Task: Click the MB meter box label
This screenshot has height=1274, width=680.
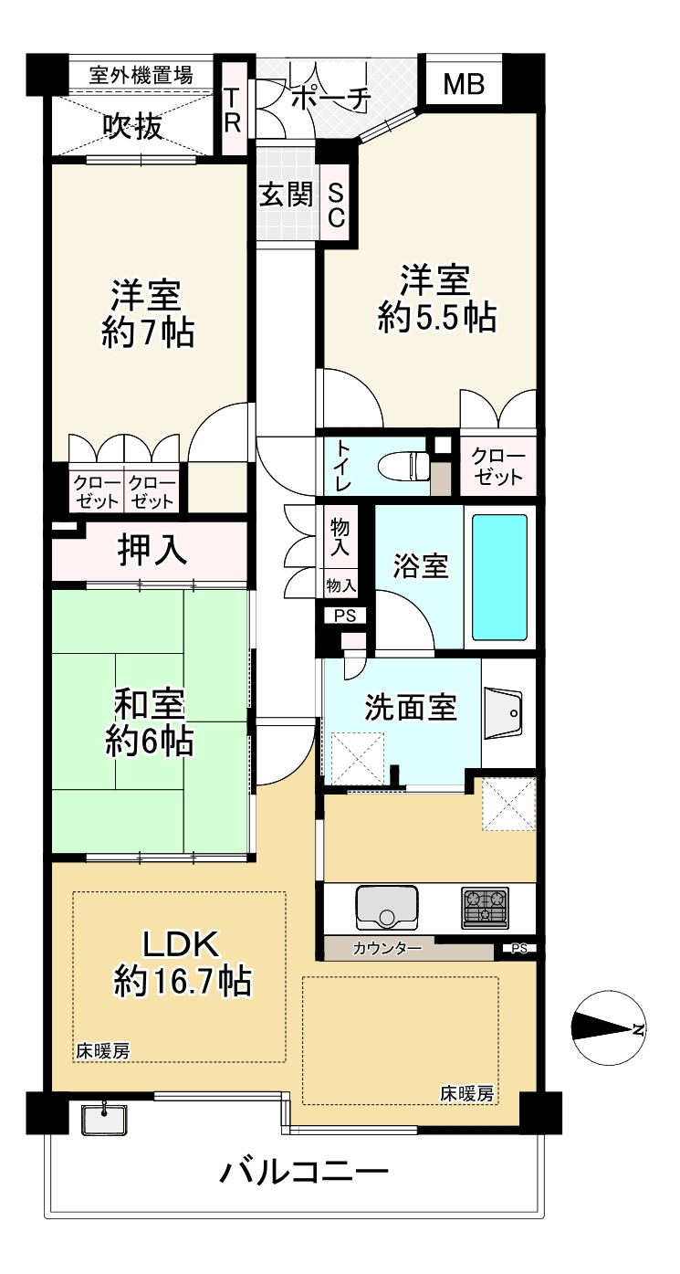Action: click(464, 84)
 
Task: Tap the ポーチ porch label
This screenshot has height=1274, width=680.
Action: click(331, 99)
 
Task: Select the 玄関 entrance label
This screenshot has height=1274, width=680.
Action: click(288, 195)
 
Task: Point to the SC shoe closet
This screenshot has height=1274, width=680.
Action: click(337, 205)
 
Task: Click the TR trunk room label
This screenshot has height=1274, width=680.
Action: click(233, 111)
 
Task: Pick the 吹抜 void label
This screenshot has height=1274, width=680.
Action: click(133, 126)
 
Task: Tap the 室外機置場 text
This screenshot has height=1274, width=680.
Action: click(141, 75)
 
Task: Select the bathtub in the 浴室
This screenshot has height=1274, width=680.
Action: click(499, 577)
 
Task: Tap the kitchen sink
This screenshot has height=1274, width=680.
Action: click(387, 907)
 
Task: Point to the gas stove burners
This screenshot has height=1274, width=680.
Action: click(485, 907)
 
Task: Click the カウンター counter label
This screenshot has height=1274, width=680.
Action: click(387, 949)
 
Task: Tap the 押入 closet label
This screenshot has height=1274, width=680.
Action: click(152, 550)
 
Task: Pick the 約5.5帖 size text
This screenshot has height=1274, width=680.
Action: click(436, 318)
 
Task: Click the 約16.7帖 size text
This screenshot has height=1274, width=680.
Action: click(182, 981)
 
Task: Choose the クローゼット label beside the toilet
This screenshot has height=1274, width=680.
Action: click(498, 467)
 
